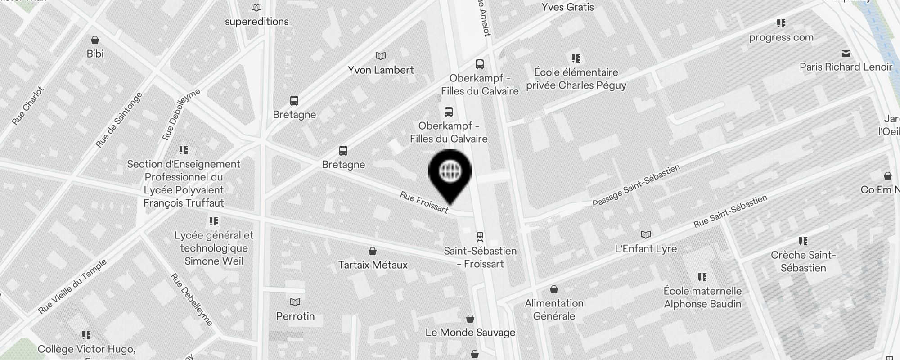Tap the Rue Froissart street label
(x=424, y=202)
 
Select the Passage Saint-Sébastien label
(x=636, y=186)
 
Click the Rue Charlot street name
(x=28, y=106)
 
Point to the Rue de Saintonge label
(x=119, y=120)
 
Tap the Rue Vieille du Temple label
(x=72, y=287)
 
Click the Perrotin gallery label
(x=295, y=316)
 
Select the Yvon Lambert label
(x=381, y=70)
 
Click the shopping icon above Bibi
(x=95, y=40)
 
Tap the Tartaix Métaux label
(x=373, y=265)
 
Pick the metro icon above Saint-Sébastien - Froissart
(x=480, y=236)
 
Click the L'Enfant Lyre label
(x=646, y=249)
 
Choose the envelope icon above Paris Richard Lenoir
(x=846, y=54)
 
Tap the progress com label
(x=781, y=37)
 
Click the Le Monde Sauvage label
(x=470, y=333)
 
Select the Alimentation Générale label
(x=554, y=310)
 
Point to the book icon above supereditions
(x=256, y=7)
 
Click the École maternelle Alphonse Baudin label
(x=702, y=297)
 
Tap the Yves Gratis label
(x=567, y=7)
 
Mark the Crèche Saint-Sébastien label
(x=803, y=261)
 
